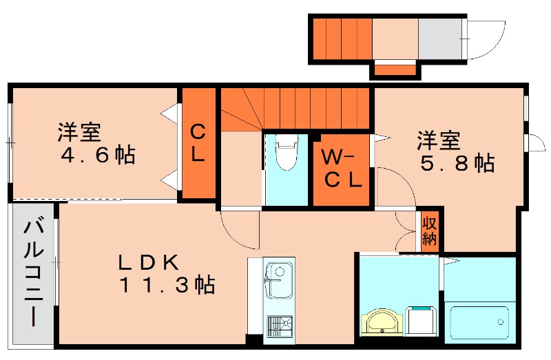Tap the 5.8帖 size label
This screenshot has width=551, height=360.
click(455, 164)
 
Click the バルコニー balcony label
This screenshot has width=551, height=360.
click(32, 273)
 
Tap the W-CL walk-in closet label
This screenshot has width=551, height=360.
click(342, 169)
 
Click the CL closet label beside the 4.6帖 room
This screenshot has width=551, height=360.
click(198, 142)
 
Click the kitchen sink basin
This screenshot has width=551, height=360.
click(279, 280)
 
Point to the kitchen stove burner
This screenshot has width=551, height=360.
click(279, 325)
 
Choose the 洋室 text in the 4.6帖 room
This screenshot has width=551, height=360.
click(79, 131)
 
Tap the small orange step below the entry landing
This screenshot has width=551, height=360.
click(395, 69)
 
